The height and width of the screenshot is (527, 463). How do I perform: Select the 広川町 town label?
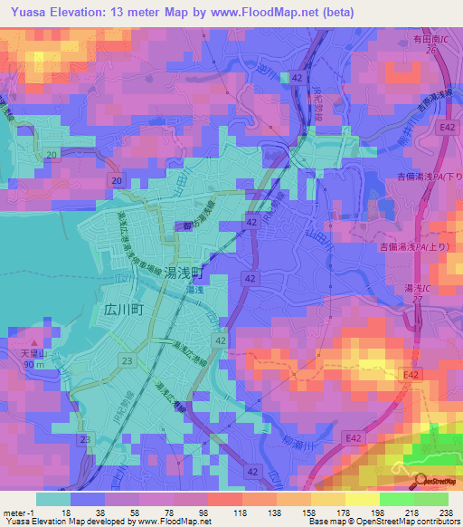118,308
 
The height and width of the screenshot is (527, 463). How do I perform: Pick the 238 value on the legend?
447,513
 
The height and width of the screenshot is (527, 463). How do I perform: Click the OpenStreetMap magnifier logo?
422,479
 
